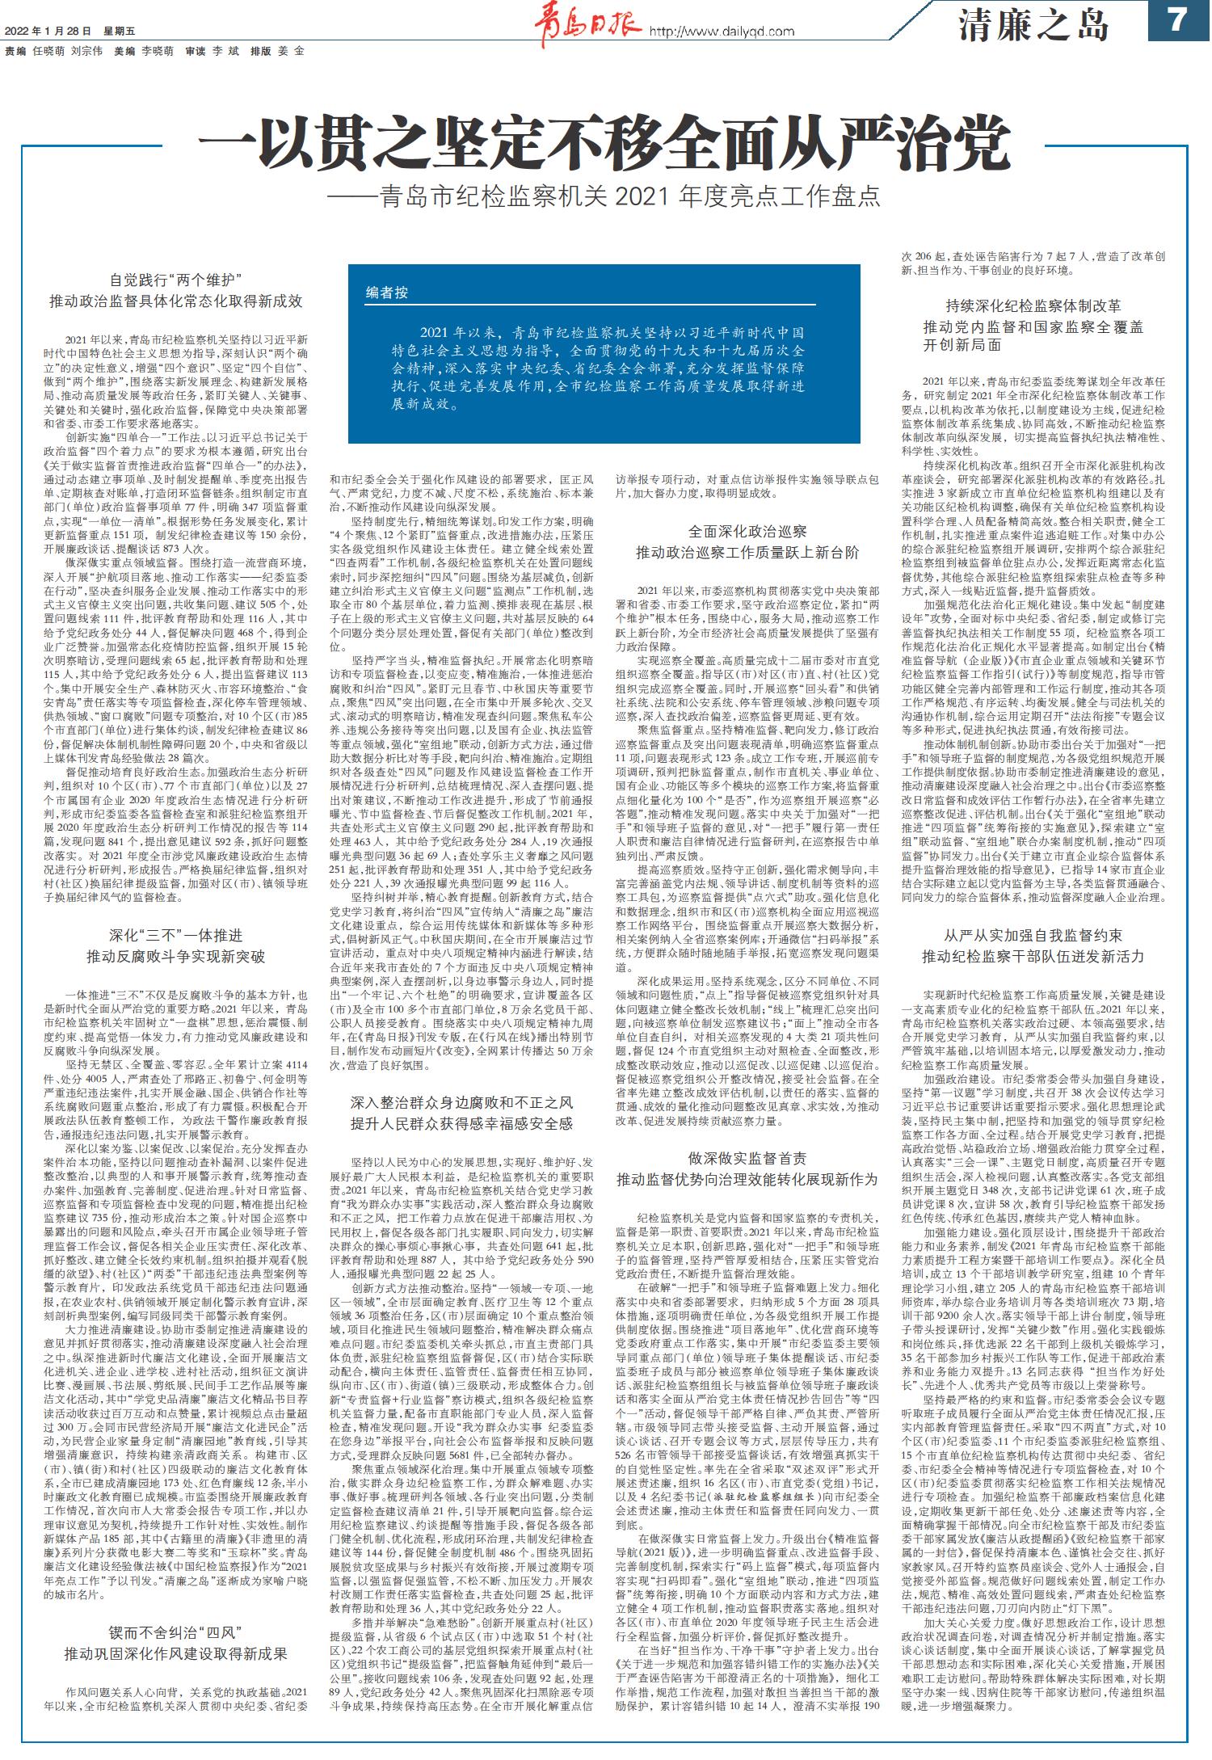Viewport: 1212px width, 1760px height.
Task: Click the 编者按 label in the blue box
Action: [388, 293]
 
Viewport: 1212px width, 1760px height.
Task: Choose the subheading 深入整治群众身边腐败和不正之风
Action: [461, 1102]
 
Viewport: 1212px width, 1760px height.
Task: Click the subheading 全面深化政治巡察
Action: [747, 532]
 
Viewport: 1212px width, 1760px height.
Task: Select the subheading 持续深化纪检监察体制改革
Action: [1033, 306]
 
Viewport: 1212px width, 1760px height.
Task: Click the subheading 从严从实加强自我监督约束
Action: [1033, 936]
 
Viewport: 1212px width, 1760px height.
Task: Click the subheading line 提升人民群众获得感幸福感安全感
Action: [461, 1123]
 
